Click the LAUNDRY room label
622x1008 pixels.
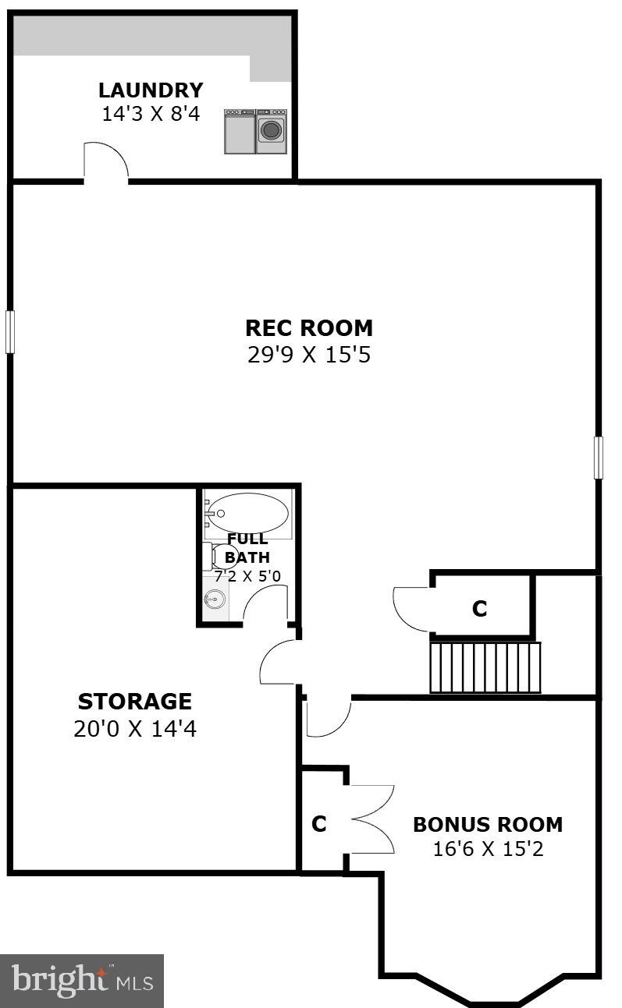[151, 90]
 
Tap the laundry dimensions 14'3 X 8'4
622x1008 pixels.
[151, 114]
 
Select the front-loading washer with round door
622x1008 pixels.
[272, 130]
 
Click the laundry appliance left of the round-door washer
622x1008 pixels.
[240, 131]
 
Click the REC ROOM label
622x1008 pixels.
[309, 327]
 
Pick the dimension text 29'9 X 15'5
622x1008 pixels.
[309, 355]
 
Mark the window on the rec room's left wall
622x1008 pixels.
[10, 331]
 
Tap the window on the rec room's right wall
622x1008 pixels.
[599, 458]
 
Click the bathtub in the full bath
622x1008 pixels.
[248, 513]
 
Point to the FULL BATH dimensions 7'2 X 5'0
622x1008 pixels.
[247, 577]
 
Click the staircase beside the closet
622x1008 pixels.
[485, 667]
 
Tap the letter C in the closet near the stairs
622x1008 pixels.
[479, 609]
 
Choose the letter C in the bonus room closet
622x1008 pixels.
[318, 824]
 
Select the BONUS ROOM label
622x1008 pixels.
[488, 824]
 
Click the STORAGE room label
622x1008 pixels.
[135, 701]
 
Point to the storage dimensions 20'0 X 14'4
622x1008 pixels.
[135, 730]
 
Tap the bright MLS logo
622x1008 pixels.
[82, 980]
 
